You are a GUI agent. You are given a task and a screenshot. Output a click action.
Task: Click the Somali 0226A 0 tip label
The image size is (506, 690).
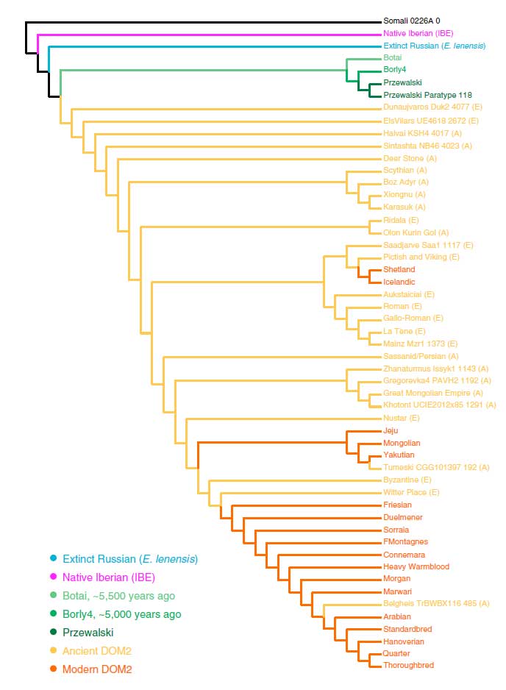tap(411, 21)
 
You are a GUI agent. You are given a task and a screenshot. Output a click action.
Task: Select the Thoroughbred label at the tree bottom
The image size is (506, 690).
tap(408, 666)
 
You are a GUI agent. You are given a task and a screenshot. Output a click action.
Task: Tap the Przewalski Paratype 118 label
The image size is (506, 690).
tap(427, 95)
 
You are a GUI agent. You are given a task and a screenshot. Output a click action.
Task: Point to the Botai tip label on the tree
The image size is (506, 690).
tap(392, 57)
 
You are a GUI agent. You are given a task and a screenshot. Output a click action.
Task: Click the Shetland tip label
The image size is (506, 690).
tap(399, 269)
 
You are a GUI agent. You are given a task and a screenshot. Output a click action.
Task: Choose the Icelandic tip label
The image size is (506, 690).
tap(399, 282)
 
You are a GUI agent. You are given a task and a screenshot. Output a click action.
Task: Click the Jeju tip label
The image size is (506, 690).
tap(391, 430)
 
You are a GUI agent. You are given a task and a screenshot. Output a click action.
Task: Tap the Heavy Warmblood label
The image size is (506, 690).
tap(416, 566)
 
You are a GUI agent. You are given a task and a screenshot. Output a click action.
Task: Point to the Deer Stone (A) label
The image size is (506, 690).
tap(410, 158)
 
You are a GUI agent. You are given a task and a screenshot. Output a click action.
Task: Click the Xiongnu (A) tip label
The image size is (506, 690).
tap(405, 195)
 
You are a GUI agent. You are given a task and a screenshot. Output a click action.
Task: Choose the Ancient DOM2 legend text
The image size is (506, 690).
tap(97, 651)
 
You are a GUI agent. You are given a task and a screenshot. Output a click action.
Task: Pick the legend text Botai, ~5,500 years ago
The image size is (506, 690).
tap(118, 595)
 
